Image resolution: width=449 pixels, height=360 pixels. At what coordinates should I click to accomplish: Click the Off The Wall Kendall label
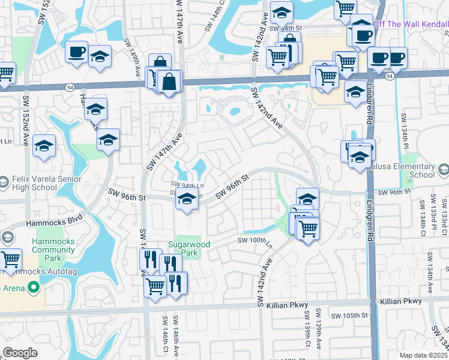[411, 24]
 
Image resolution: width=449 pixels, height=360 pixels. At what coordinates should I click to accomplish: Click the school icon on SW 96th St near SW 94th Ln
[187, 200]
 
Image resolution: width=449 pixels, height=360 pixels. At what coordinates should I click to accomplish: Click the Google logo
[20, 353]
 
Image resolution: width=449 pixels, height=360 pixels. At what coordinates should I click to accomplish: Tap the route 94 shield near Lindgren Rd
[390, 76]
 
